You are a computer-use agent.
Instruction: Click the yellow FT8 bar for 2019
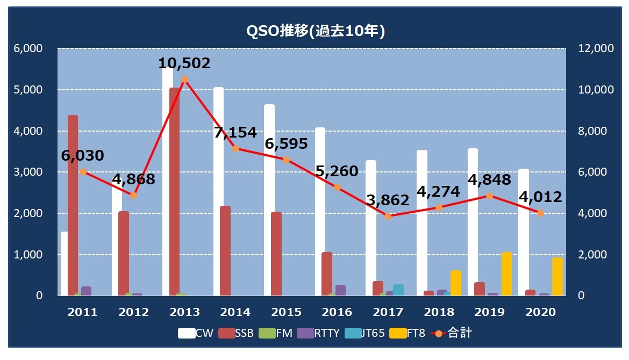[506, 274]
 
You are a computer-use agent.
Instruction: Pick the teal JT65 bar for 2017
[398, 290]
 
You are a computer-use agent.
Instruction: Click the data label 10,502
[184, 63]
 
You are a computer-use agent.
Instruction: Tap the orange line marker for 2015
[286, 160]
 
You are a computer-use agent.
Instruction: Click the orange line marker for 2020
[540, 213]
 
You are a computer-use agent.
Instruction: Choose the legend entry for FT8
[410, 333]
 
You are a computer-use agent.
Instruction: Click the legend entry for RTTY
[320, 333]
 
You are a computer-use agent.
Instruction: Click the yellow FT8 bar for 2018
[456, 283]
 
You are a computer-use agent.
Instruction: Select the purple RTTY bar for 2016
[340, 290]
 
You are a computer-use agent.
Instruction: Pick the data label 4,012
[540, 197]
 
